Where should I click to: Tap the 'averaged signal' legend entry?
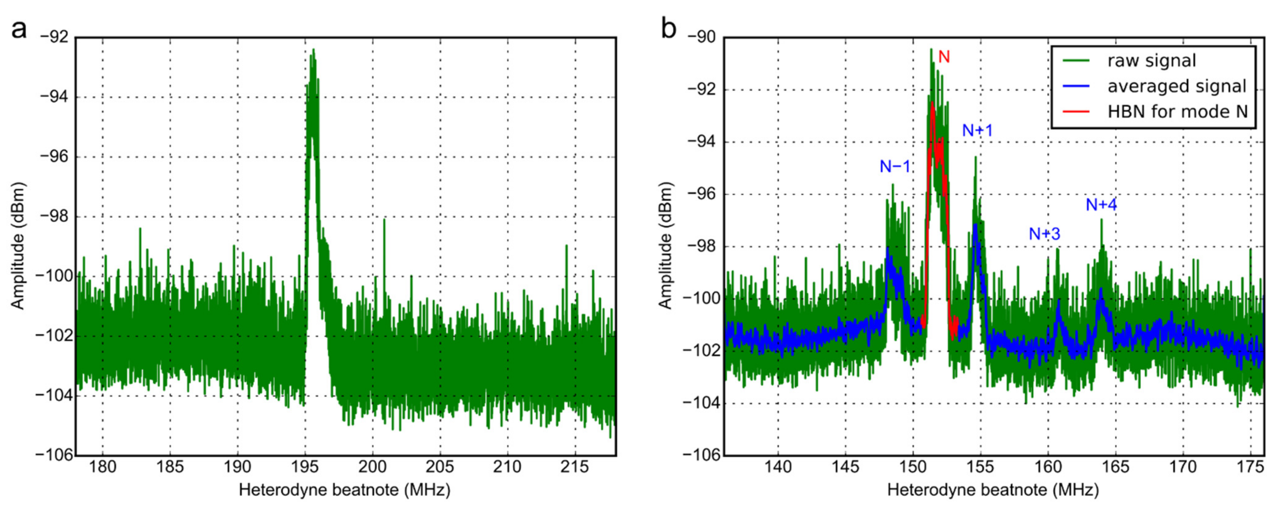click(1176, 86)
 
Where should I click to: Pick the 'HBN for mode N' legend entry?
click(1177, 112)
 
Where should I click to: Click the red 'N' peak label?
click(944, 57)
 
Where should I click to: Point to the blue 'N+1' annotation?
click(977, 130)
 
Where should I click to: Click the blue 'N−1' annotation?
click(895, 167)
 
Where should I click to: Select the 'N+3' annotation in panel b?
click(1044, 233)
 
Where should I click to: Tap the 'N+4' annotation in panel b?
click(1101, 204)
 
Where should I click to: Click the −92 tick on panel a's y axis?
click(55, 38)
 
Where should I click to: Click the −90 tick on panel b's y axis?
click(702, 38)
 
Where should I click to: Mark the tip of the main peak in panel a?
click(313, 50)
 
